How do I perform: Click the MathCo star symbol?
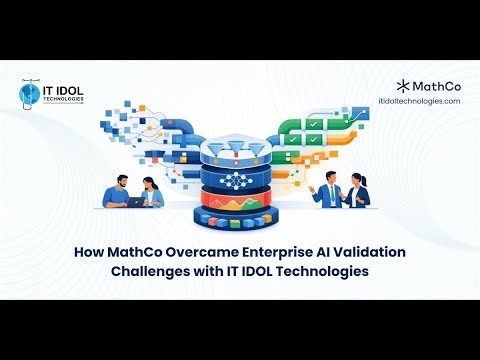pyautogui.click(x=402, y=86)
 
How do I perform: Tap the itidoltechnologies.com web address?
pyautogui.click(x=419, y=102)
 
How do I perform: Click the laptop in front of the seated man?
pyautogui.click(x=136, y=201)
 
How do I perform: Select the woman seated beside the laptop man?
pyautogui.click(x=153, y=191)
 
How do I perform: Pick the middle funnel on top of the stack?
pyautogui.click(x=240, y=149)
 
